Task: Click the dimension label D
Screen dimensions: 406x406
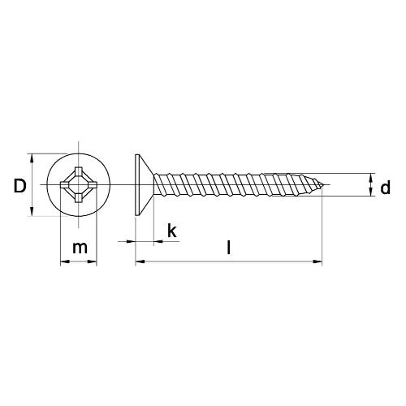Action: [20, 186]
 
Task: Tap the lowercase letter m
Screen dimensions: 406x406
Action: [79, 247]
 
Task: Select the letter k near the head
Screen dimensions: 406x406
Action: [171, 231]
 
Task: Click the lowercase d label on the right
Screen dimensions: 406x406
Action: [385, 188]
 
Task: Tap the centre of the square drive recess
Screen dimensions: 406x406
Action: [79, 185]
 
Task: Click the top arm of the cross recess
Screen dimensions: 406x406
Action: [79, 171]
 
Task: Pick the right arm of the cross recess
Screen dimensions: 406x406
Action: [93, 185]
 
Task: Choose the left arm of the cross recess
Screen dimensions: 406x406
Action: [65, 185]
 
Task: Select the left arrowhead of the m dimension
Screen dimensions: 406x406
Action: [64, 261]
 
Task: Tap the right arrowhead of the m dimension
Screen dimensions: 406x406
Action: [93, 261]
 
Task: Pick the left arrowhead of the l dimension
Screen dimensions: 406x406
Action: [139, 261]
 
